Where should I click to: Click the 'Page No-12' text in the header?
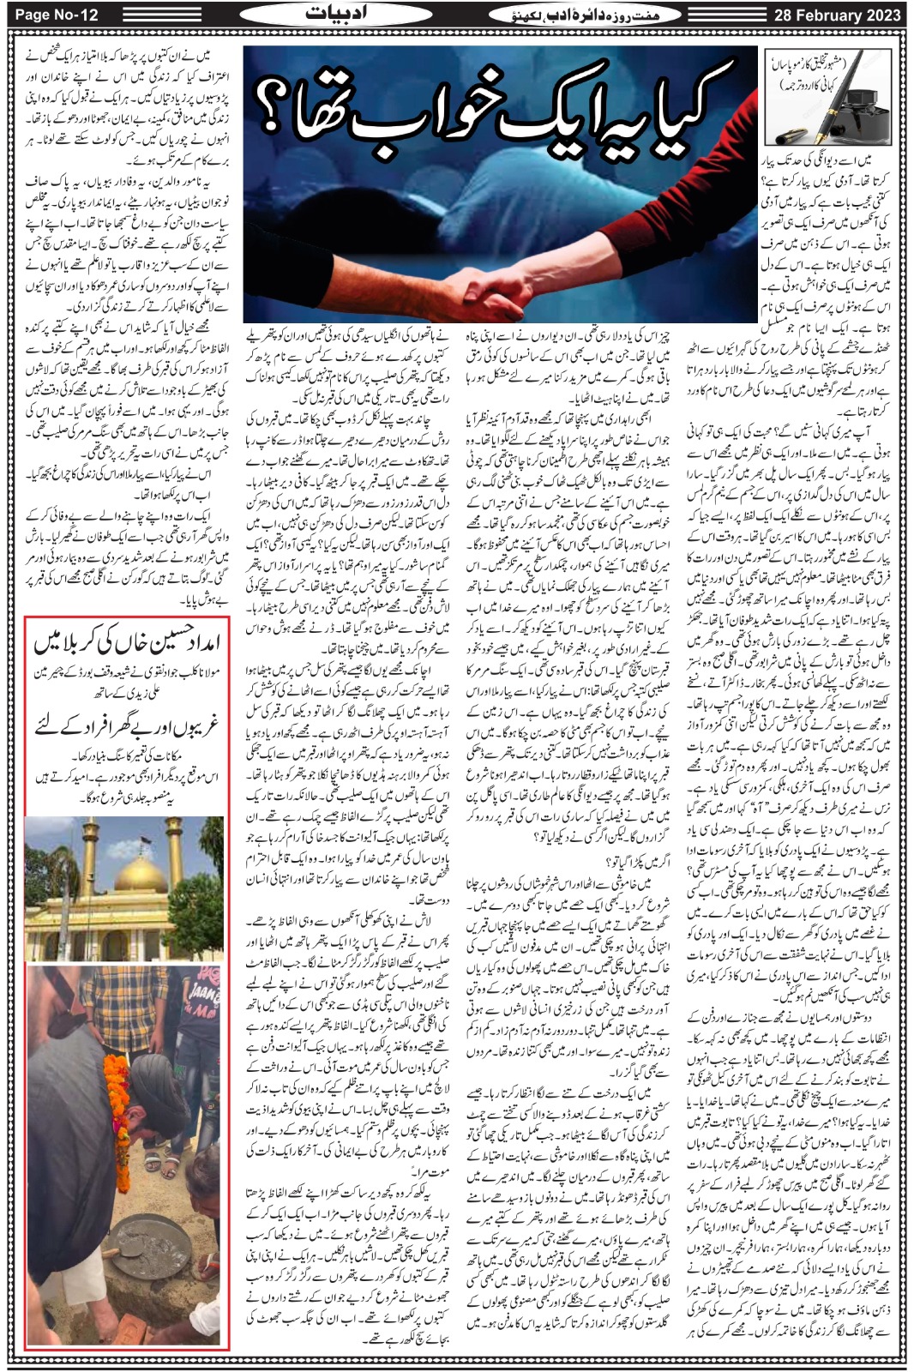pyautogui.click(x=51, y=15)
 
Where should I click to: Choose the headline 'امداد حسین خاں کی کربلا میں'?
pyautogui.click(x=127, y=641)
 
